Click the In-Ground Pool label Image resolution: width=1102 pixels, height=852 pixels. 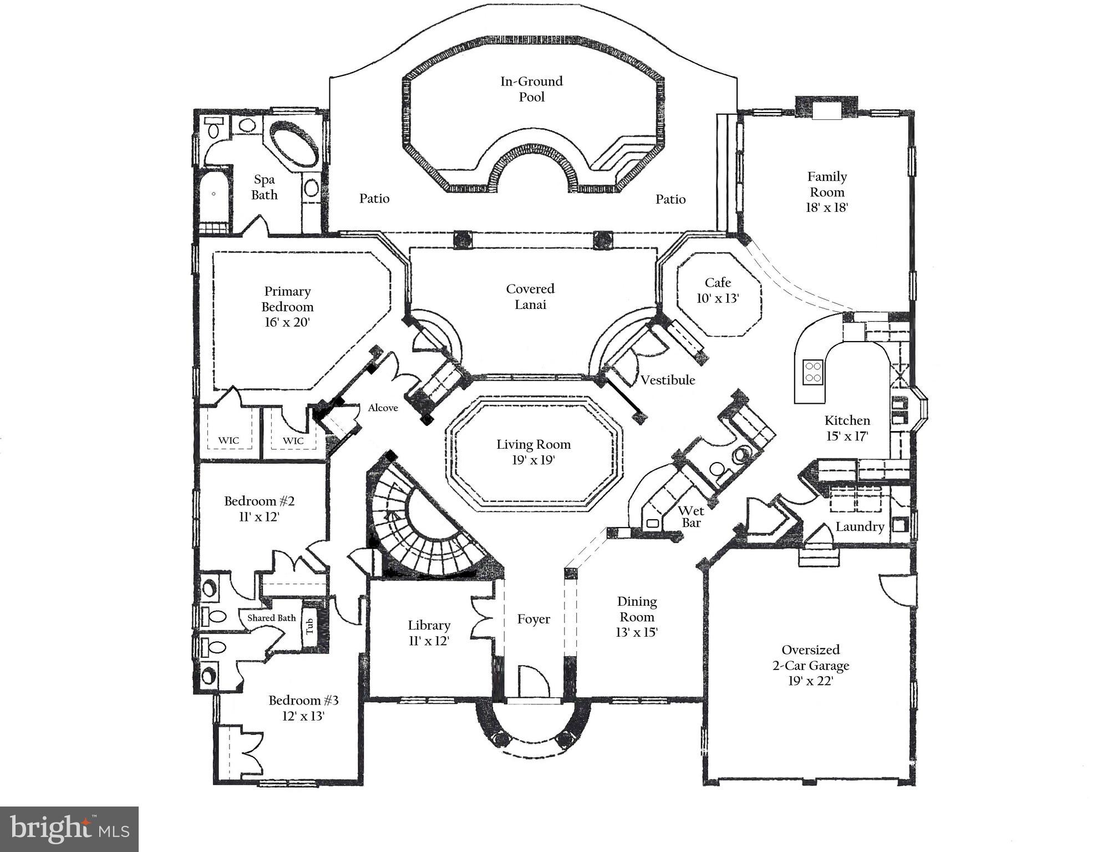pos(531,89)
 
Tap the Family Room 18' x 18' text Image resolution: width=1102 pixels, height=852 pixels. pos(826,192)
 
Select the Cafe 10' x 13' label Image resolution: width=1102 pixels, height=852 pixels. pos(718,290)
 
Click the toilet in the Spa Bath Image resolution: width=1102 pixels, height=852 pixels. pos(213,128)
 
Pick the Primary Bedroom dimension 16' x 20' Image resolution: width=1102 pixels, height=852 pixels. pos(287,322)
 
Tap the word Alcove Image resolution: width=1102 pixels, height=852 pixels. pos(383,408)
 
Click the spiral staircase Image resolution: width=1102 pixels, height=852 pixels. pos(427,527)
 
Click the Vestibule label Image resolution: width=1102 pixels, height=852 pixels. pos(668,380)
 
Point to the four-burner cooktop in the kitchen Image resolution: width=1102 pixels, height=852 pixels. pos(813,372)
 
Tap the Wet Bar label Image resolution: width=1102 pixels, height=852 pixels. pos(691,516)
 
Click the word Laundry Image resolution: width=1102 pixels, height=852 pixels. pos(860,526)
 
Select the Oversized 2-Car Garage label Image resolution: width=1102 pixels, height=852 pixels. pos(810,665)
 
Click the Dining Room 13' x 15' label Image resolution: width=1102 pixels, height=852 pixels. pos(637,616)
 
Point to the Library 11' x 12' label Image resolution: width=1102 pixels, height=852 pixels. pos(429,632)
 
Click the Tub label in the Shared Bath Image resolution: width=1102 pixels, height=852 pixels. pos(309,626)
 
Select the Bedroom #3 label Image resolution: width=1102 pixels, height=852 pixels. pos(303,700)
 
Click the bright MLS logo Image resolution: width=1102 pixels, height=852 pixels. pos(69,829)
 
